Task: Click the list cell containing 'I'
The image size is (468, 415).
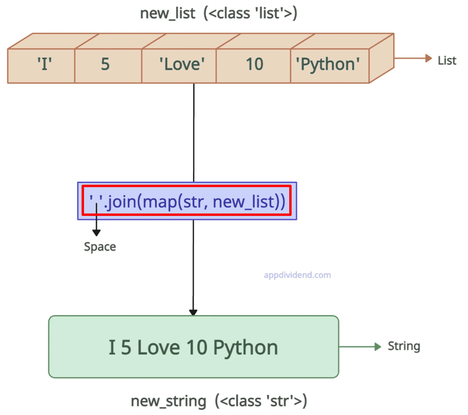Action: point(44,65)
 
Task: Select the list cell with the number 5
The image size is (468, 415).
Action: point(105,65)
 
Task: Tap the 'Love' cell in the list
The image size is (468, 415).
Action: point(182,65)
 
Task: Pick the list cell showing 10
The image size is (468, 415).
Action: point(254,65)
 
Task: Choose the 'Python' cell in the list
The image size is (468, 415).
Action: point(328,65)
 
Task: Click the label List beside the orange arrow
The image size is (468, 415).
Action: point(447,61)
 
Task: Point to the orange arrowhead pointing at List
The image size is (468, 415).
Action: point(428,58)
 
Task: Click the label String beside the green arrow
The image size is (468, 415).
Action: point(404,346)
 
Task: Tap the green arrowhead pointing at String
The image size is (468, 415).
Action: point(378,346)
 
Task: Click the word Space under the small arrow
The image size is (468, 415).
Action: point(100,247)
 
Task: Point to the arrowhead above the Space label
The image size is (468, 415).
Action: point(96,233)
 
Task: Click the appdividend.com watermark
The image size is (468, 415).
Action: point(297,275)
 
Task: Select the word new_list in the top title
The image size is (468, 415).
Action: point(168,14)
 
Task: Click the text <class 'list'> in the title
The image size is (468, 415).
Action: point(250,14)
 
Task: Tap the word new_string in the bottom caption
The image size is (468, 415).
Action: point(168,401)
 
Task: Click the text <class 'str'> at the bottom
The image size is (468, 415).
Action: point(261,401)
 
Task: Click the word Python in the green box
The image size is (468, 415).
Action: point(245,347)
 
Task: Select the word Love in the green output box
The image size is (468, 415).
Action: point(158,347)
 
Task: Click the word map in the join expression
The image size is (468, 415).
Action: point(160,202)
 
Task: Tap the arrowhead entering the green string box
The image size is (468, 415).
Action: point(193,312)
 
